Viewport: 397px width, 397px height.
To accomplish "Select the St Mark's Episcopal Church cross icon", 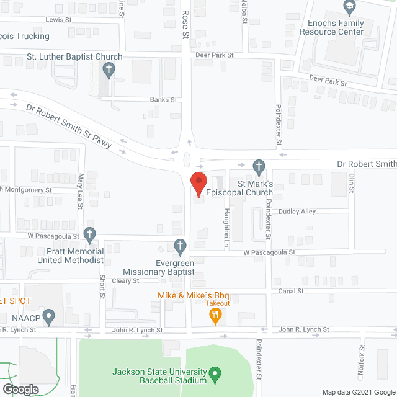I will pyautogui.click(x=259, y=166).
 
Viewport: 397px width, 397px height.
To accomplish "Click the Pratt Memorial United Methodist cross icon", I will pyautogui.click(x=90, y=234).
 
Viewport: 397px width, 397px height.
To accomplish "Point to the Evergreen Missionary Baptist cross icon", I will pyautogui.click(x=180, y=246).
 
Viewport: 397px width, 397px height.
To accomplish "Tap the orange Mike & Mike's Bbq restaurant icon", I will pyautogui.click(x=215, y=316).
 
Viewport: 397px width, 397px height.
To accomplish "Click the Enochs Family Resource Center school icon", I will pyautogui.click(x=349, y=7).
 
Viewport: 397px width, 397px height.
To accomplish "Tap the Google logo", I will pyautogui.click(x=20, y=390).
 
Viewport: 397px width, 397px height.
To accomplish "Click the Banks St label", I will pyautogui.click(x=164, y=99).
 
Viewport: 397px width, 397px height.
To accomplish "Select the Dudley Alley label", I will pyautogui.click(x=297, y=212).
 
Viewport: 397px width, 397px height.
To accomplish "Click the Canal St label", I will pyautogui.click(x=292, y=291).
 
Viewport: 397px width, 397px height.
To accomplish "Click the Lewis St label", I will pyautogui.click(x=55, y=20).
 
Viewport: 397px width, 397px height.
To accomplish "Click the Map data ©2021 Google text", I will pyautogui.click(x=358, y=391).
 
